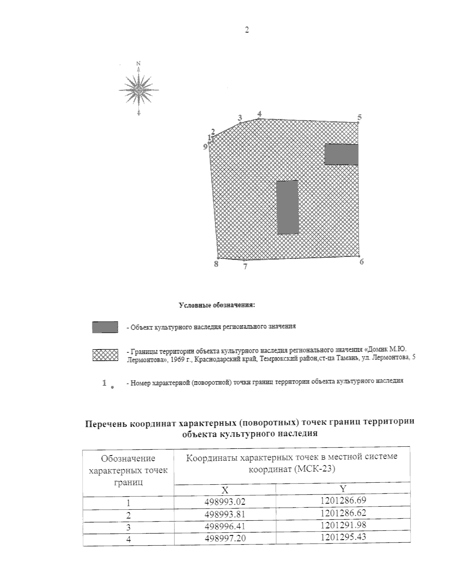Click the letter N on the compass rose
tap(138, 63)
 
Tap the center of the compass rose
tap(139, 90)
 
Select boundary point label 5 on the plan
tap(359, 117)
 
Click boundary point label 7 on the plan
tap(245, 267)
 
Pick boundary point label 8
tap(216, 264)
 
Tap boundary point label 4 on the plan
tap(259, 114)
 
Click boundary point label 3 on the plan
tap(239, 117)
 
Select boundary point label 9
tap(205, 147)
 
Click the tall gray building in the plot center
tap(288, 207)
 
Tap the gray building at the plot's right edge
tap(341, 154)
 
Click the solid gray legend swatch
tap(105, 327)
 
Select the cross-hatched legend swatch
tap(105, 355)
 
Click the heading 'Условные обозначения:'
tap(216, 305)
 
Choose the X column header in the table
tap(225, 490)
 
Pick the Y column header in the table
tap(343, 489)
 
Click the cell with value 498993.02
tap(225, 502)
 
